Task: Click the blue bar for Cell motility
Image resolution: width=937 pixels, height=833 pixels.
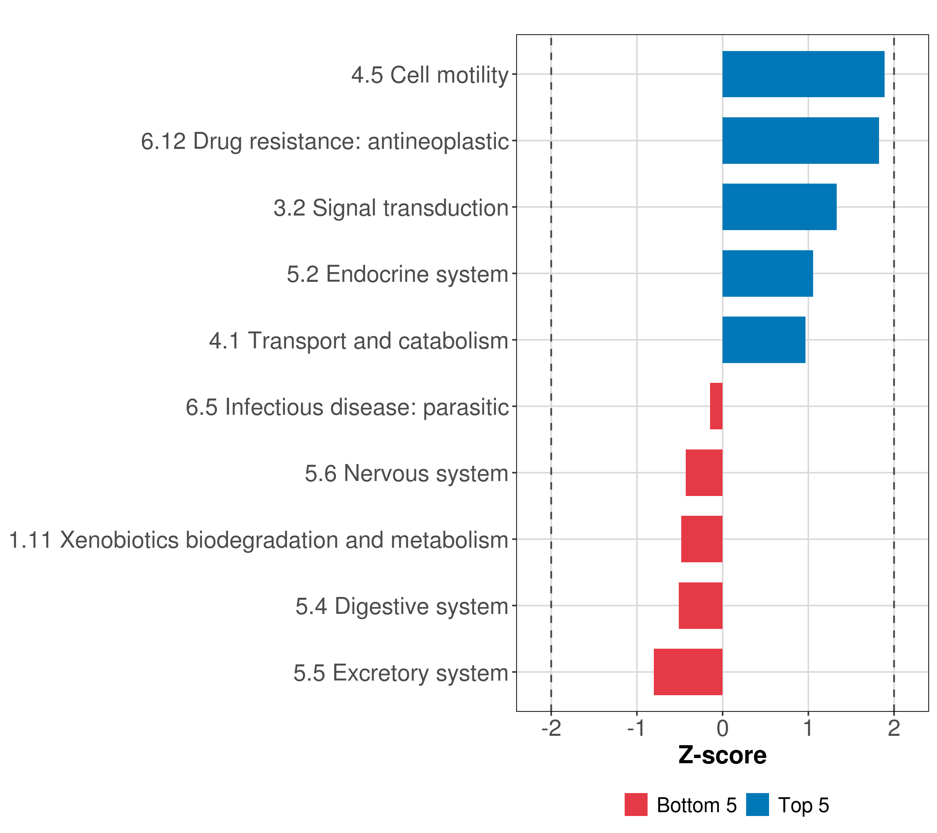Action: (803, 74)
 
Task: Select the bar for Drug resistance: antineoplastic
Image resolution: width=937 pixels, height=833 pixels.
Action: (800, 141)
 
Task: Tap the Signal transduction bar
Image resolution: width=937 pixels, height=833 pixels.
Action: (779, 207)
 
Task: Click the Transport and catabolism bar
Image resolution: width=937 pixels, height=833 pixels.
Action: (764, 340)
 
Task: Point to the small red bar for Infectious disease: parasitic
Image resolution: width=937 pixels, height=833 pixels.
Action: (716, 406)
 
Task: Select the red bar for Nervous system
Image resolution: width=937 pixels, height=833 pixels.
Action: (704, 473)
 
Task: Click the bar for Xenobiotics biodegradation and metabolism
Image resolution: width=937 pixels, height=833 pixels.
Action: (702, 539)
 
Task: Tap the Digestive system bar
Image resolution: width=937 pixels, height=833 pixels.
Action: (700, 606)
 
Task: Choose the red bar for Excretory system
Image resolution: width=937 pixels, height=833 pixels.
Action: (688, 672)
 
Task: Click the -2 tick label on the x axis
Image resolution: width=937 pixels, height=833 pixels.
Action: (551, 729)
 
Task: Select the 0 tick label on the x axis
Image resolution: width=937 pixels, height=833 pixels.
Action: (723, 729)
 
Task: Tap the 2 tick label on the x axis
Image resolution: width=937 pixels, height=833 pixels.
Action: (894, 729)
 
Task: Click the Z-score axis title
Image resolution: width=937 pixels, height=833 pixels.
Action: (723, 756)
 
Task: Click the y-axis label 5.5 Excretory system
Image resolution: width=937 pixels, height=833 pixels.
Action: (401, 673)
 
